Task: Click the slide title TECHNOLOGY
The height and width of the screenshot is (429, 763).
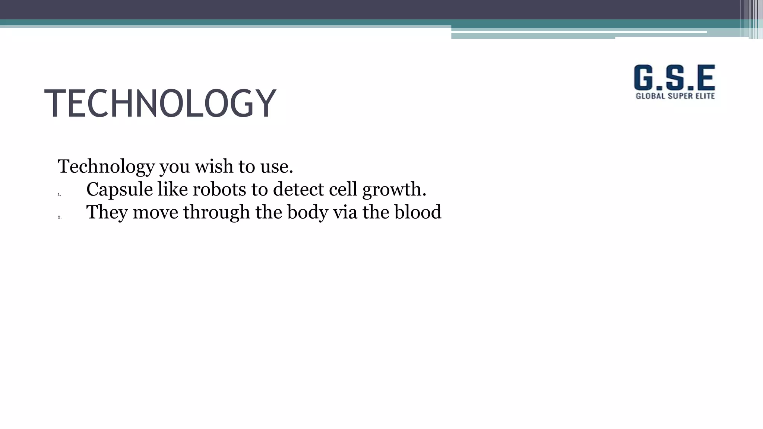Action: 160,103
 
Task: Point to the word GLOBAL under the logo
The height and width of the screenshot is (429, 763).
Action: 650,96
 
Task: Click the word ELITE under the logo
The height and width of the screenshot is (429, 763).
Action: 705,96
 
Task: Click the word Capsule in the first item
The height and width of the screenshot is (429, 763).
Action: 119,190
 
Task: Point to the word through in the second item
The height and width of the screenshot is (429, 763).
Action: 216,213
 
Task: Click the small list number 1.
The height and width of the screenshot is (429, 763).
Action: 59,194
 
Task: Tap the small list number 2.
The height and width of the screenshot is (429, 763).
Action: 59,217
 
